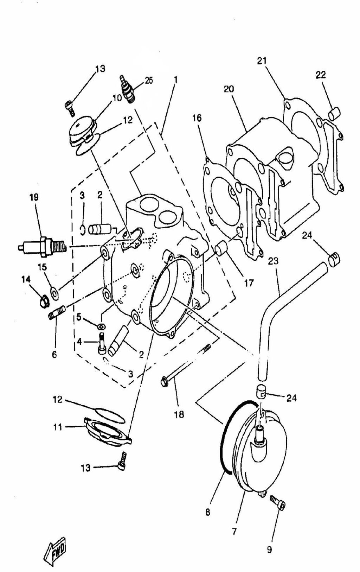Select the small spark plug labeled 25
[127, 90]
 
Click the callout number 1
[175, 80]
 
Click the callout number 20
[229, 89]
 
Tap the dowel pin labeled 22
[334, 113]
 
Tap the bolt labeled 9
[278, 502]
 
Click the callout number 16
[197, 118]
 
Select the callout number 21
[262, 61]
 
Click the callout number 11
[58, 427]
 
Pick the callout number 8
[208, 512]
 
